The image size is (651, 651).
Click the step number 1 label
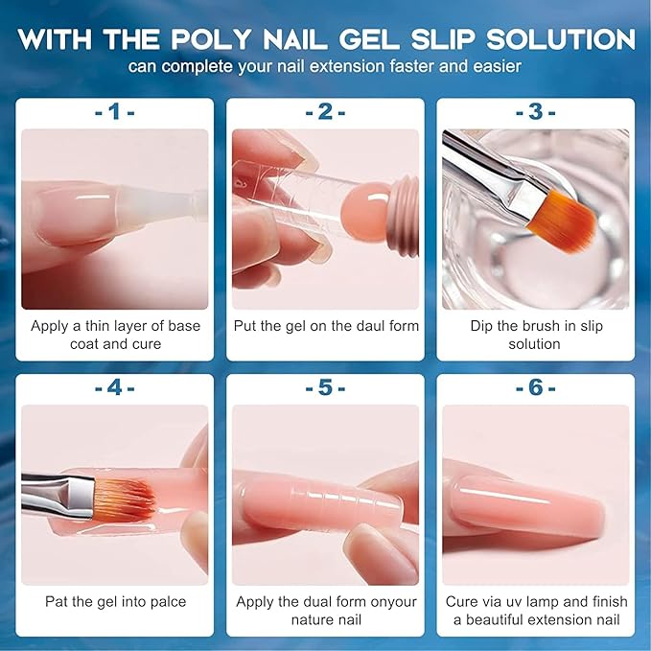coord(115,112)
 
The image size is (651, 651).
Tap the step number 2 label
coord(325,112)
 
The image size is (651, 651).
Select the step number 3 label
coord(535,112)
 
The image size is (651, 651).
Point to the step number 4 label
coord(115,389)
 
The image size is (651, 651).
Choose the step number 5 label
coord(325,389)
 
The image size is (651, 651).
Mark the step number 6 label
coord(535,389)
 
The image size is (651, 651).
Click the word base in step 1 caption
coord(181,326)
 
